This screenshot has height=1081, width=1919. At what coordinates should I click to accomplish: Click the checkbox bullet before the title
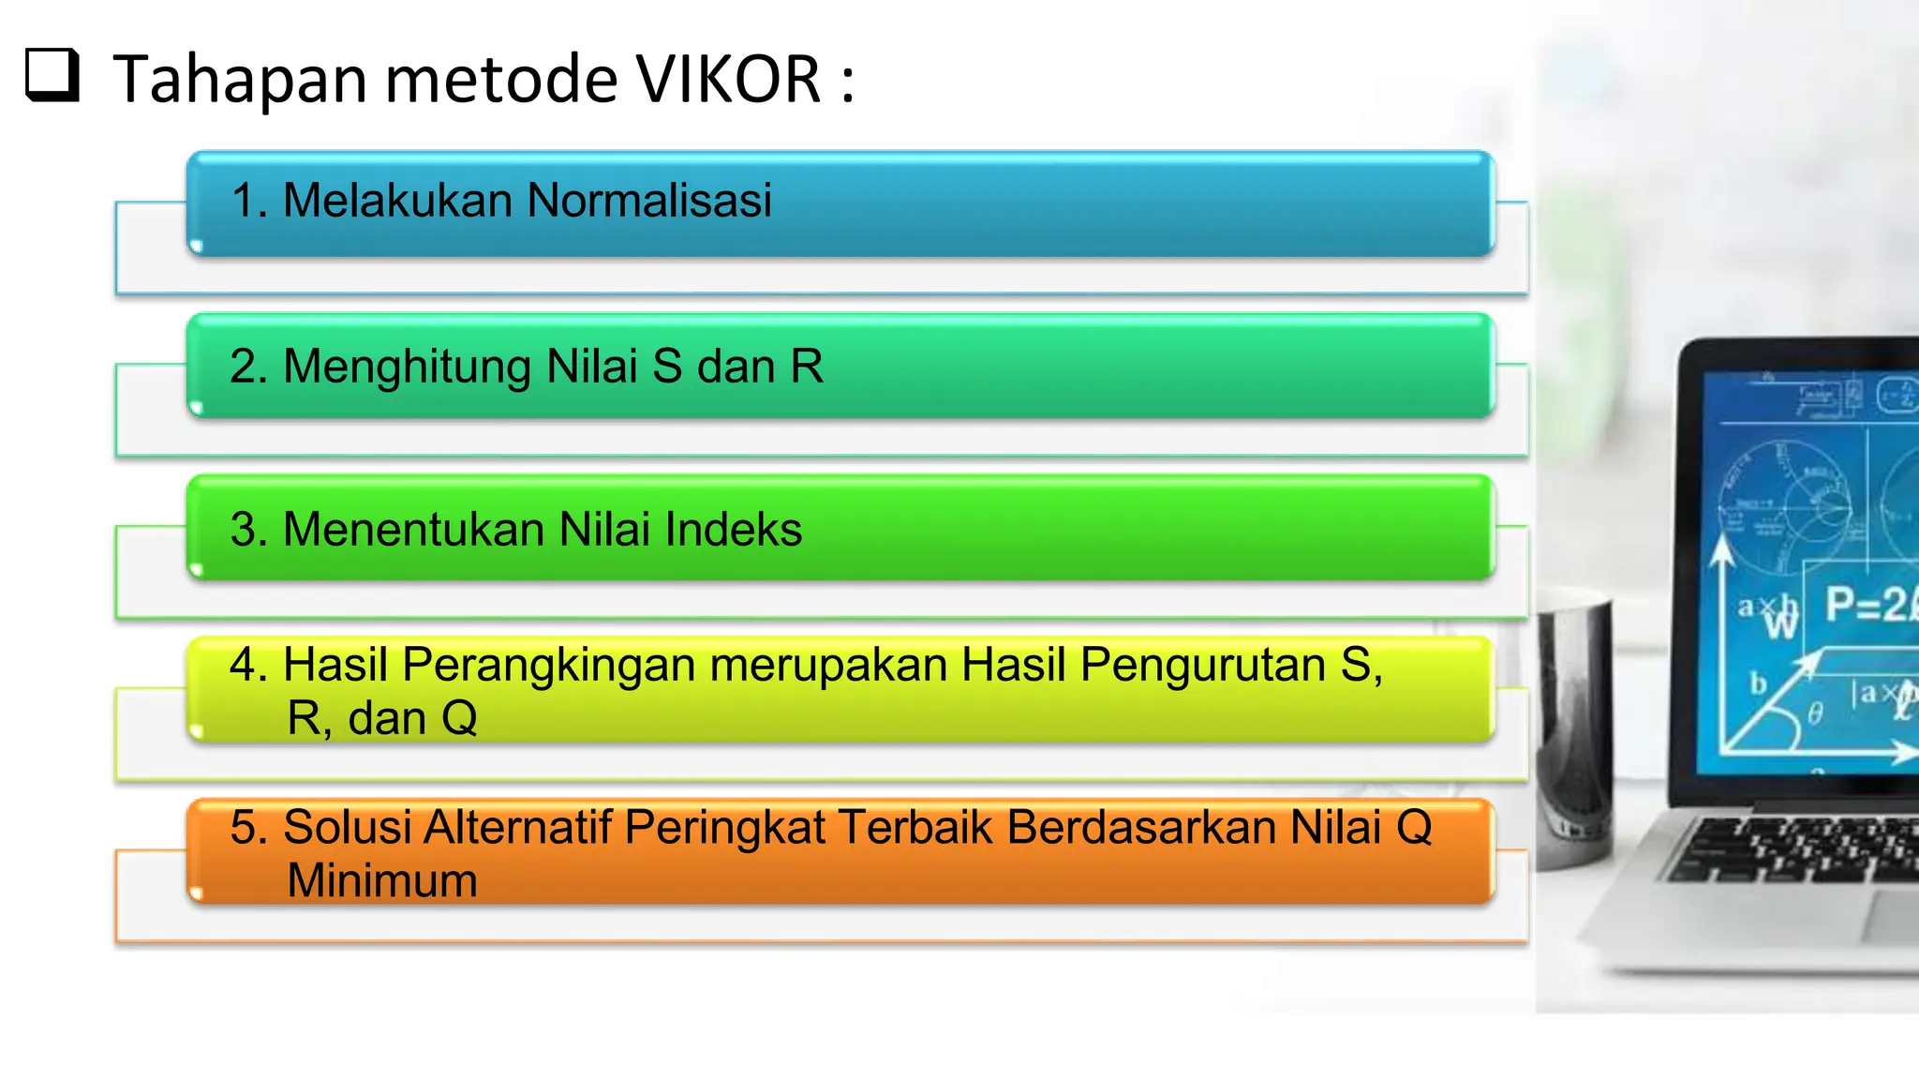click(x=52, y=75)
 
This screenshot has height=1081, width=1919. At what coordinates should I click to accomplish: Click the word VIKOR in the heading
click(x=729, y=79)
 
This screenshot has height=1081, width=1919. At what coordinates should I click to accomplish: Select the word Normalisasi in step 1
click(x=649, y=200)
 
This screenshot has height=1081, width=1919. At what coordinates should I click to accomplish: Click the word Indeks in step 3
click(x=734, y=529)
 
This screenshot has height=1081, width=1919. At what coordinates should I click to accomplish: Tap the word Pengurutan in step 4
click(x=1204, y=665)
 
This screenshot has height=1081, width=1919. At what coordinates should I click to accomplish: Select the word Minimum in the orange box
click(x=382, y=880)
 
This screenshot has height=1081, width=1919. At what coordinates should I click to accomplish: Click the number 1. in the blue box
click(x=249, y=201)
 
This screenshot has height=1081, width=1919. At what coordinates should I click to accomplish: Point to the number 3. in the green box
click(x=249, y=529)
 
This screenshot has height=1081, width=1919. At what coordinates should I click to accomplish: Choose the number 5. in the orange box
click(x=249, y=827)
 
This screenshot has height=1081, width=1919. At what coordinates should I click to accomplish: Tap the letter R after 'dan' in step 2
click(x=807, y=367)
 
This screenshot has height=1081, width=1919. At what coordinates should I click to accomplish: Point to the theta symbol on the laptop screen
click(x=1815, y=715)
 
